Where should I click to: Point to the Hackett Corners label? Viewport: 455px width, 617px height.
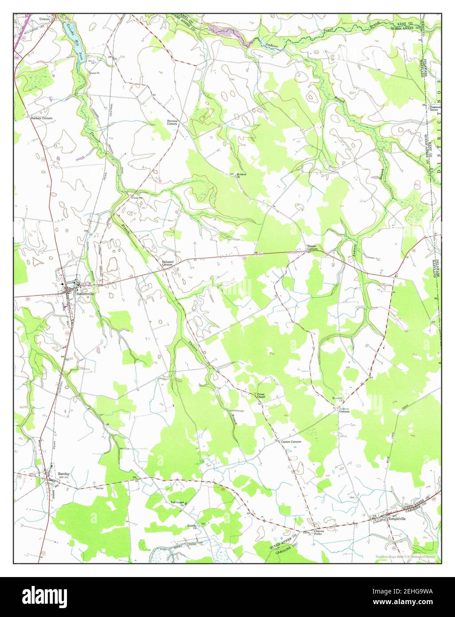[x=41, y=119]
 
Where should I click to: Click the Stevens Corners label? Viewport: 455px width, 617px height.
[x=173, y=122]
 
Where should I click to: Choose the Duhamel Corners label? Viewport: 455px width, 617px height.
[x=167, y=263]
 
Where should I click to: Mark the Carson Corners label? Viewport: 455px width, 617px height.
[x=291, y=442]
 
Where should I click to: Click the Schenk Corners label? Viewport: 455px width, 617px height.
[x=345, y=410]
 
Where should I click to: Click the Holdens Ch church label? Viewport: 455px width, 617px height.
[x=241, y=175]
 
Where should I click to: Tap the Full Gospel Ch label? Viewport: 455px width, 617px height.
[x=177, y=503]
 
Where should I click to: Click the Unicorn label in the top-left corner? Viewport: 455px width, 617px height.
[x=44, y=19]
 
